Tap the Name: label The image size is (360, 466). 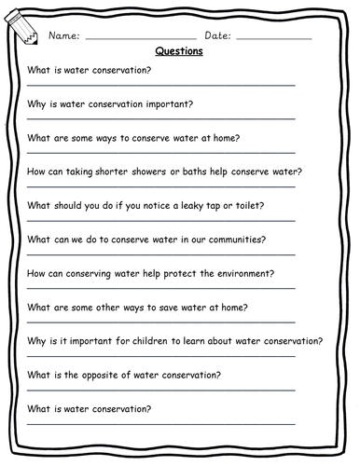(62, 35)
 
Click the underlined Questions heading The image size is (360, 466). (179, 52)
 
